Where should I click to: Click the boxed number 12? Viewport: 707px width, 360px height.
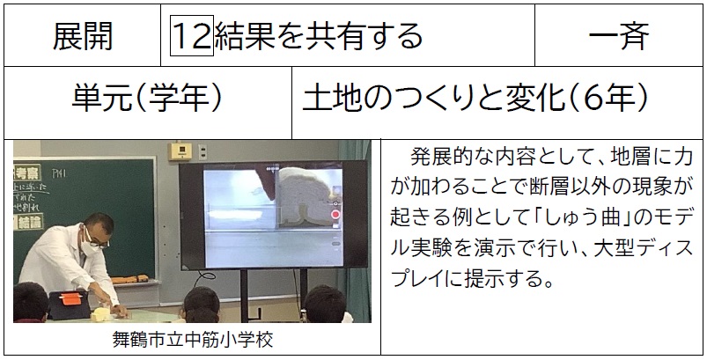192,35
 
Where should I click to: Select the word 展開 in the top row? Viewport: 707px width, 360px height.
83,35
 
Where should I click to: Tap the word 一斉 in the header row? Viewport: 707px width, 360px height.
619,35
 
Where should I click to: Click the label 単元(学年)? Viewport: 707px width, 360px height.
147,98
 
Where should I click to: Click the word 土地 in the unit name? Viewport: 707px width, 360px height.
332,98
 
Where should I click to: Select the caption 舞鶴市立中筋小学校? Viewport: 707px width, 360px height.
193,339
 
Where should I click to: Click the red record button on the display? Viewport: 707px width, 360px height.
335,215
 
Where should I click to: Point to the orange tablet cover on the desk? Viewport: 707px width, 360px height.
71,298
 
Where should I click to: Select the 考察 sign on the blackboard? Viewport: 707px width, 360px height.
27,173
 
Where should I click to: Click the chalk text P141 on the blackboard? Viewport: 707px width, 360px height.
59,173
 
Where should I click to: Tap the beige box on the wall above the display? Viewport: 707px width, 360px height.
180,151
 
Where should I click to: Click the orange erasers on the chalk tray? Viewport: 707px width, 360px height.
129,279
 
